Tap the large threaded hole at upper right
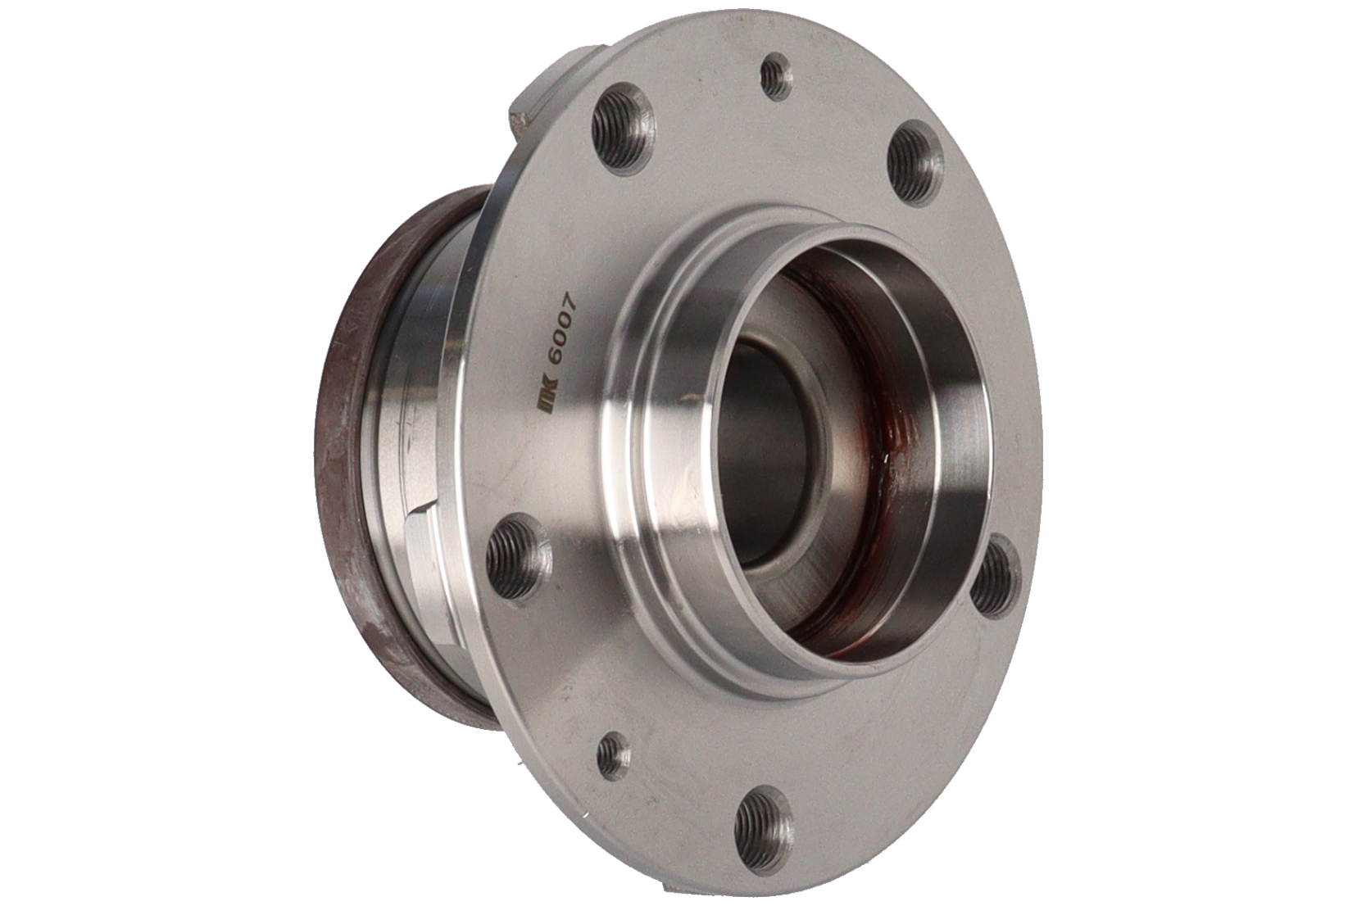pos(915,160)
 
